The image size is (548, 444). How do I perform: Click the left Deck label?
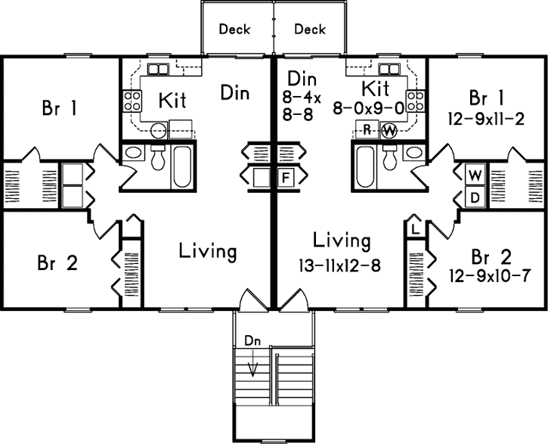pos(234,29)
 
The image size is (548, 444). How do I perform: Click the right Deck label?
pos(309,29)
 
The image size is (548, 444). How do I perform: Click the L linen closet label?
pos(416,227)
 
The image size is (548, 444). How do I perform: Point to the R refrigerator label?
pos(366,129)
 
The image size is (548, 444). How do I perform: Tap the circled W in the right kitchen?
pos(389,129)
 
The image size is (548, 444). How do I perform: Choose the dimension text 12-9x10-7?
pos(488,273)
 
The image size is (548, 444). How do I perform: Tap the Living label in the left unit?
pos(208,251)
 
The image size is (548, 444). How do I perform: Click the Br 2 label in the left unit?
pos(57,263)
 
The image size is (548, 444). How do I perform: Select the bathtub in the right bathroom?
pos(365,166)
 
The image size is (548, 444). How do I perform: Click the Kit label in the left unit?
pos(172,100)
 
